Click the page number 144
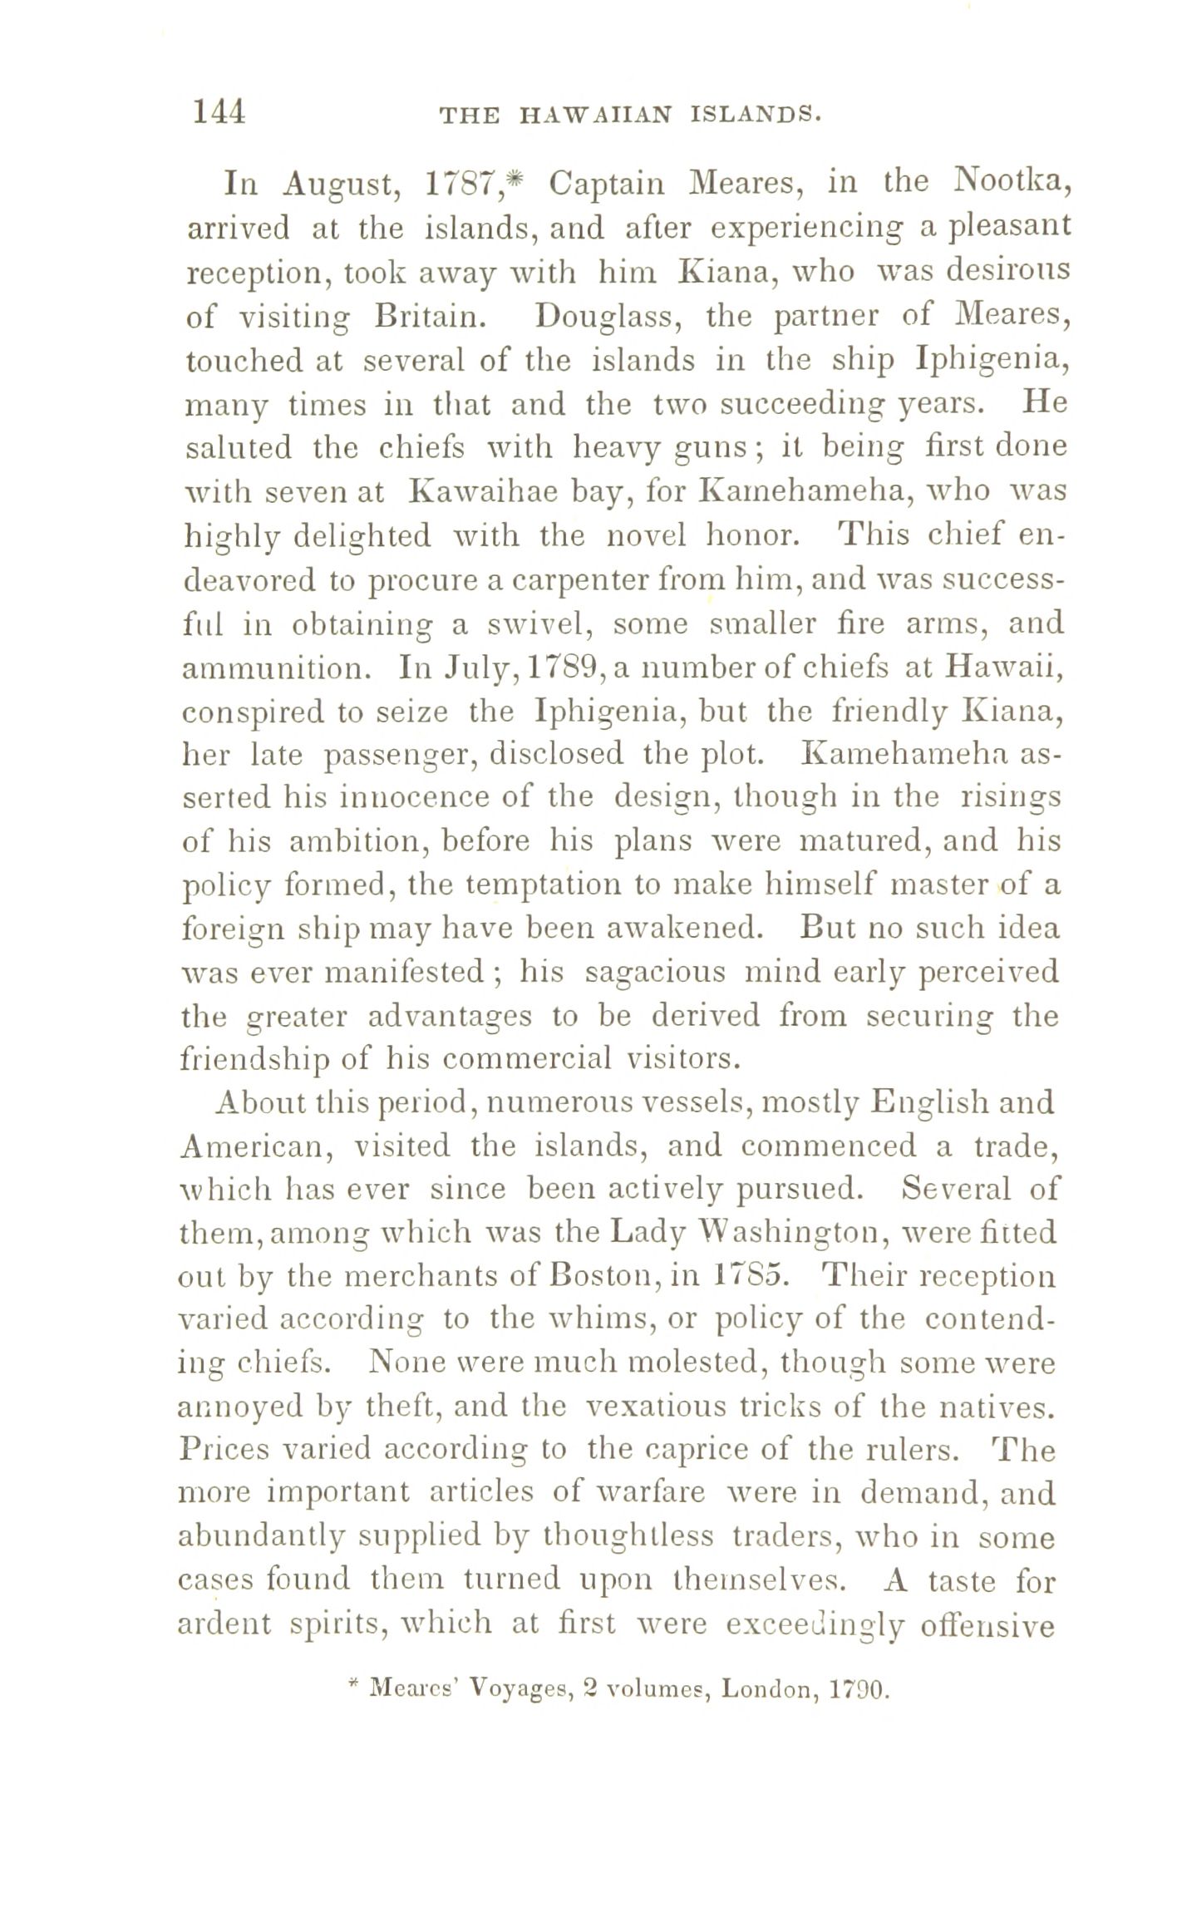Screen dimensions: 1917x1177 [x=219, y=111]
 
